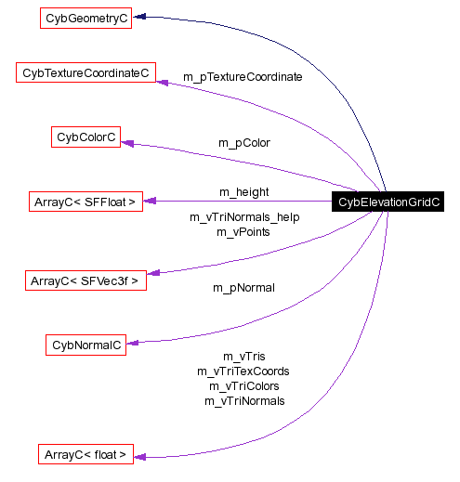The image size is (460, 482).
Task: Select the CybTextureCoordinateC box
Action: tap(86, 72)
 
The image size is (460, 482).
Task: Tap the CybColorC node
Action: tap(86, 137)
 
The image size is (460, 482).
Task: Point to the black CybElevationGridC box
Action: tap(388, 202)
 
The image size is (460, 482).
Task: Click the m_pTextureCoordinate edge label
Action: tap(242, 77)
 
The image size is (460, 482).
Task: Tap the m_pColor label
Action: tap(243, 143)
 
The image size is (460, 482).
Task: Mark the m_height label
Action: tap(243, 192)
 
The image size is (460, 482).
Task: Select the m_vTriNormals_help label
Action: tap(244, 217)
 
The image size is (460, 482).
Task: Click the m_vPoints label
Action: tap(243, 232)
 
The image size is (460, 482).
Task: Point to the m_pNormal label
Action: tap(243, 288)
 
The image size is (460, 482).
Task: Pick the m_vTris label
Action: tap(244, 357)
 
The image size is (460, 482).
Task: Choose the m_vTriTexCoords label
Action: tap(243, 371)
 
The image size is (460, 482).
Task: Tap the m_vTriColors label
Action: tap(243, 386)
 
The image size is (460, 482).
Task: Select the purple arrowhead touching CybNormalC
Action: tap(132, 343)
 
